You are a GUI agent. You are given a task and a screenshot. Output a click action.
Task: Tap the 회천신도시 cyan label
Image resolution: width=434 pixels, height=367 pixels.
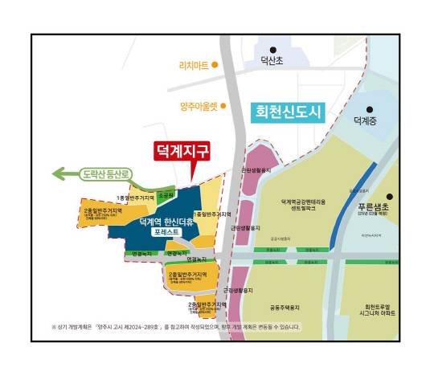(286, 112)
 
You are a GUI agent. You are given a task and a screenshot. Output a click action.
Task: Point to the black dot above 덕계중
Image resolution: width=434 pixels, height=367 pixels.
(370, 110)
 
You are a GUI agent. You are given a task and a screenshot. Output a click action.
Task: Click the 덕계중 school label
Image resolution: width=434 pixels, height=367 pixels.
(370, 121)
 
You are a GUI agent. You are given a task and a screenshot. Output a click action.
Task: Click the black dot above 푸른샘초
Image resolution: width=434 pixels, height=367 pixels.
(388, 196)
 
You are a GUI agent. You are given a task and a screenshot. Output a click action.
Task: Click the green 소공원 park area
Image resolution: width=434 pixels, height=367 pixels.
(166, 195)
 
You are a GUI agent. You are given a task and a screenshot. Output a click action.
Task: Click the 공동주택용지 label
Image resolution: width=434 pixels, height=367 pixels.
(285, 307)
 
